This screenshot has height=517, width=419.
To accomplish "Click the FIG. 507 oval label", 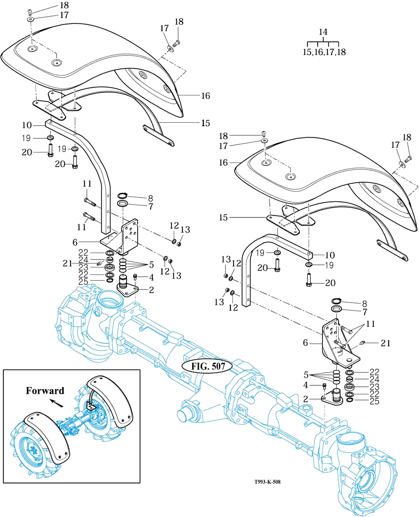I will tap(208, 367).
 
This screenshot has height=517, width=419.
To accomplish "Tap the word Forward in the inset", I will tap(45, 391).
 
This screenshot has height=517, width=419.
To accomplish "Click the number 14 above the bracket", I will tap(323, 32).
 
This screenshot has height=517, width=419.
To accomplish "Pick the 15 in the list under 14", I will tap(307, 52).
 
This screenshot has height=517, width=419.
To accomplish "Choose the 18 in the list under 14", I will tap(341, 52).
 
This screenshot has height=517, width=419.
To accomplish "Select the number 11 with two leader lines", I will tap(370, 324).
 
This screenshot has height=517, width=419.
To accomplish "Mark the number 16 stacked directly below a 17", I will tap(223, 163).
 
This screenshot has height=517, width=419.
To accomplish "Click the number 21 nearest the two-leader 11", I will tap(385, 343).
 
